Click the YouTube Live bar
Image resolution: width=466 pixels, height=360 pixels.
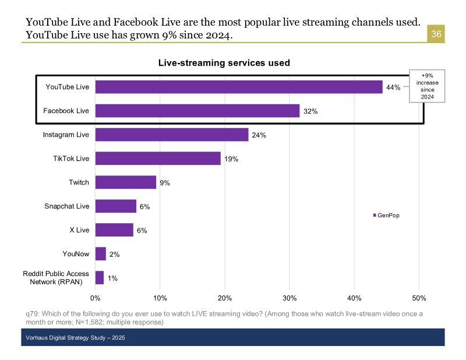tap(239, 87)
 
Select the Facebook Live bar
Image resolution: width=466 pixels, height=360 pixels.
tap(197, 111)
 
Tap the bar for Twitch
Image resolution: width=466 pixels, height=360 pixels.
tap(126, 182)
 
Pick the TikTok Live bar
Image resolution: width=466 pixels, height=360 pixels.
tap(158, 158)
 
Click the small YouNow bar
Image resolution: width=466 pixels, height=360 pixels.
tap(101, 253)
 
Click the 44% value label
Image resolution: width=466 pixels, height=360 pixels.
tap(393, 87)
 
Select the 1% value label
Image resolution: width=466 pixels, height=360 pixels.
tap(112, 278)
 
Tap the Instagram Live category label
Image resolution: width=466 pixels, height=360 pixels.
tap(66, 135)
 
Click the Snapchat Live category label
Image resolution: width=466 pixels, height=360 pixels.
tap(67, 206)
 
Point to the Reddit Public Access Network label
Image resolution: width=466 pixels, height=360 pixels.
tap(56, 277)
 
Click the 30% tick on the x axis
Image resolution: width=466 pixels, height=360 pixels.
tap(290, 299)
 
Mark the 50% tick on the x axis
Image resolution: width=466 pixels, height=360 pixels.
tap(419, 299)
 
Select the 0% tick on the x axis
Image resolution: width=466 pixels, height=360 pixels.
tap(96, 299)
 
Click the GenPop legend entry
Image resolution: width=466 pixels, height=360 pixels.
tap(386, 216)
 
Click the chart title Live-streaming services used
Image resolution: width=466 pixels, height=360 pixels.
tap(224, 63)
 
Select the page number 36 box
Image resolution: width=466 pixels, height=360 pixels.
tap(436, 34)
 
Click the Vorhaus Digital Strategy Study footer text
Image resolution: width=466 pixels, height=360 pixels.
tap(76, 338)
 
